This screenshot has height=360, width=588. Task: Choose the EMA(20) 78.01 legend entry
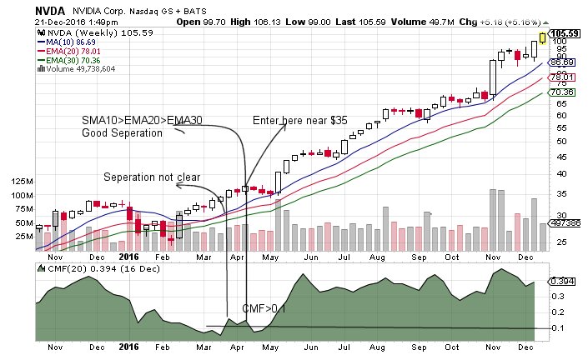pos(70,49)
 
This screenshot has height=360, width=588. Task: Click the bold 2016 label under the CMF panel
pos(128,346)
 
